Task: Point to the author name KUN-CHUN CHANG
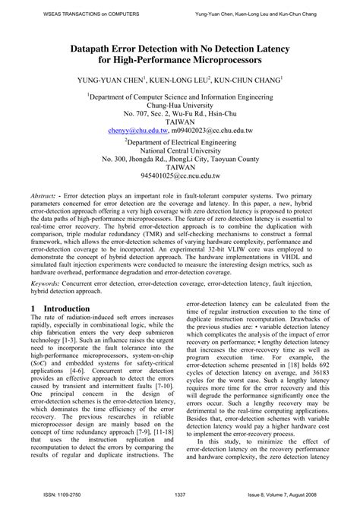242,78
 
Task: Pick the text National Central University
180,150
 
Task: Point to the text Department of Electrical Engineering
181,141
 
